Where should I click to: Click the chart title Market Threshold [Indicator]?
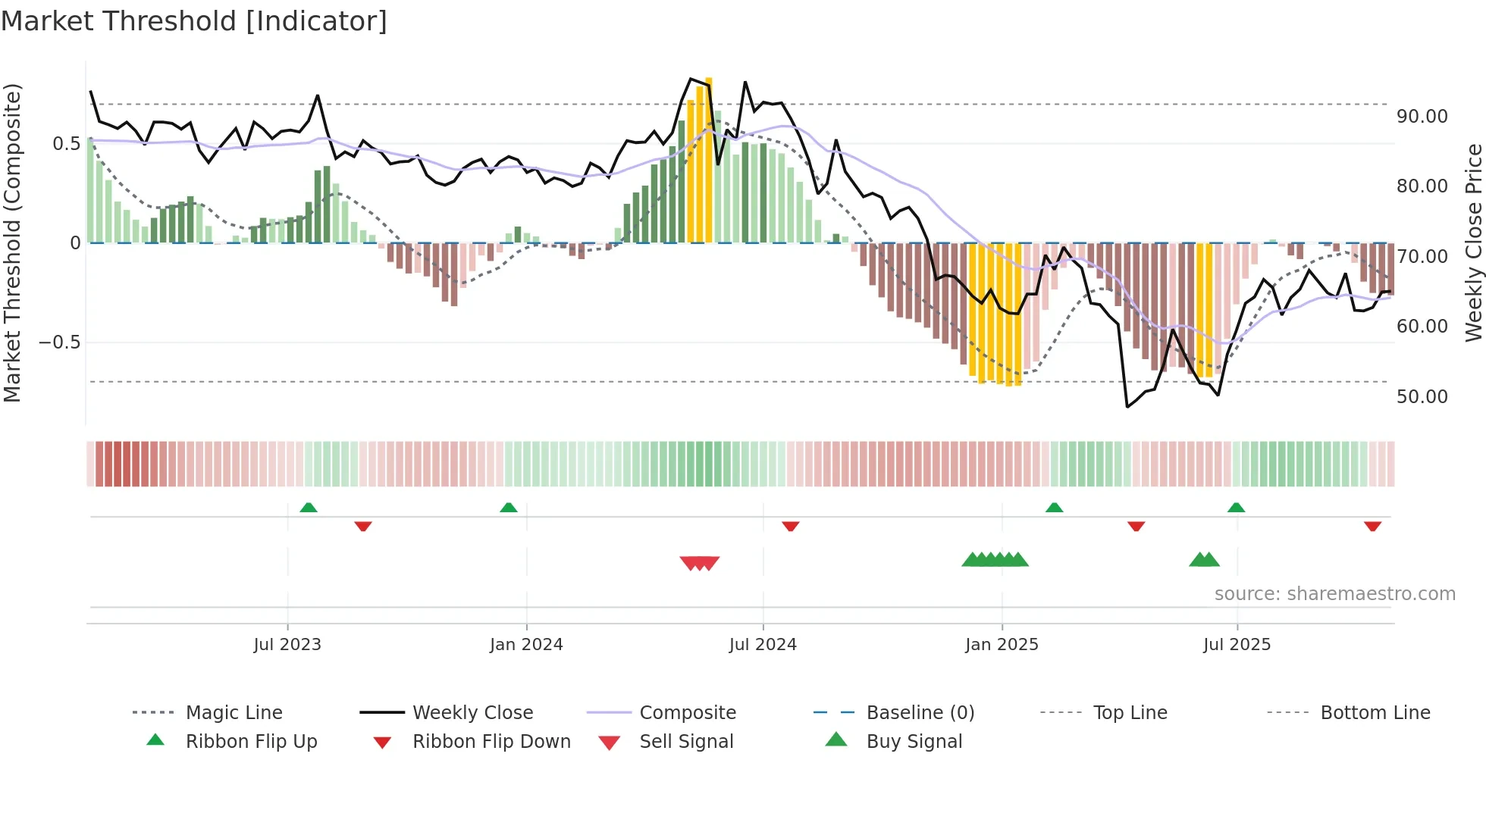(194, 21)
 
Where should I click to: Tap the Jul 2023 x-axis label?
(287, 645)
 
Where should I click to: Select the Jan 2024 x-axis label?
(526, 645)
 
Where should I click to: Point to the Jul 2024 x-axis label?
(763, 645)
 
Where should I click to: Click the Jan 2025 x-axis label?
(1002, 645)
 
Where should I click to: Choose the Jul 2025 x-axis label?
(1237, 645)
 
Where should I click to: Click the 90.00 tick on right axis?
(1422, 117)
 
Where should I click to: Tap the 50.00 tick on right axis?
(1422, 397)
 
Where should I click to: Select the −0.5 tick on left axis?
(59, 342)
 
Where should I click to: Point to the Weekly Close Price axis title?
(1473, 242)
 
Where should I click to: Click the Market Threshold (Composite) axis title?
(12, 242)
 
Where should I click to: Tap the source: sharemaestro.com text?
(1334, 594)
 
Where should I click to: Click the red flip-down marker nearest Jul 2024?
(791, 526)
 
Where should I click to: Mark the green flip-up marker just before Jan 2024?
(509, 508)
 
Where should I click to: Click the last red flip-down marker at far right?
(1372, 526)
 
